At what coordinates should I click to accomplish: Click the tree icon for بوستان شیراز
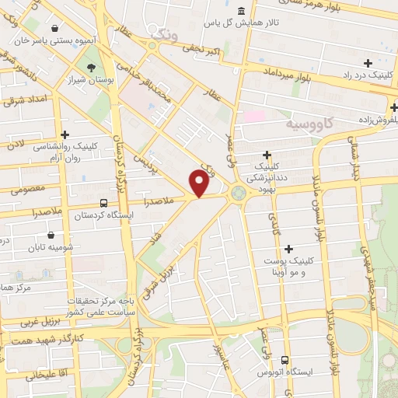[x=93, y=68]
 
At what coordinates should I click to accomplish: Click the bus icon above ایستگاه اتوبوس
[x=285, y=360]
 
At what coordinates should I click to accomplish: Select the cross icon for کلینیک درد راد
[x=367, y=63]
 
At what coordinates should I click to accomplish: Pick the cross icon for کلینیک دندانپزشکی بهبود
[x=267, y=155]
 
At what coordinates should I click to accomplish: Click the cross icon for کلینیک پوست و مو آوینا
[x=289, y=249]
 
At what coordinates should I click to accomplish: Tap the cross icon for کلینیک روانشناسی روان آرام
[x=65, y=135]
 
